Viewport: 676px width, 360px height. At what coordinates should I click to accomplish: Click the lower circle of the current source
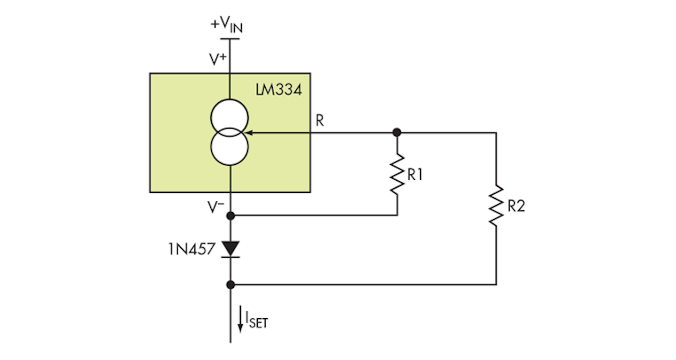(x=230, y=148)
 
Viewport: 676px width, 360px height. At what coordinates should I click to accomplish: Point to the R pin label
(x=319, y=121)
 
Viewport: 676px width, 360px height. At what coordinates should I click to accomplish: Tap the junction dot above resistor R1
(x=397, y=133)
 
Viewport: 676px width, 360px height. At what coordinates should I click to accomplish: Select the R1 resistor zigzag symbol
(x=397, y=174)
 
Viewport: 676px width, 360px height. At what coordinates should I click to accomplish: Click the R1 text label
(x=415, y=175)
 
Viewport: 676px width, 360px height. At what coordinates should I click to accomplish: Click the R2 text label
(x=515, y=206)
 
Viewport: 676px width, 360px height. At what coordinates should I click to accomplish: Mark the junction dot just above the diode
(x=230, y=215)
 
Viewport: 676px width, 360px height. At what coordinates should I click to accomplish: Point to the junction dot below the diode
(x=230, y=284)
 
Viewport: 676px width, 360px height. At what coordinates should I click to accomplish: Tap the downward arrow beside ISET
(x=241, y=319)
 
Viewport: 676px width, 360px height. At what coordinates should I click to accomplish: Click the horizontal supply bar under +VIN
(x=230, y=39)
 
